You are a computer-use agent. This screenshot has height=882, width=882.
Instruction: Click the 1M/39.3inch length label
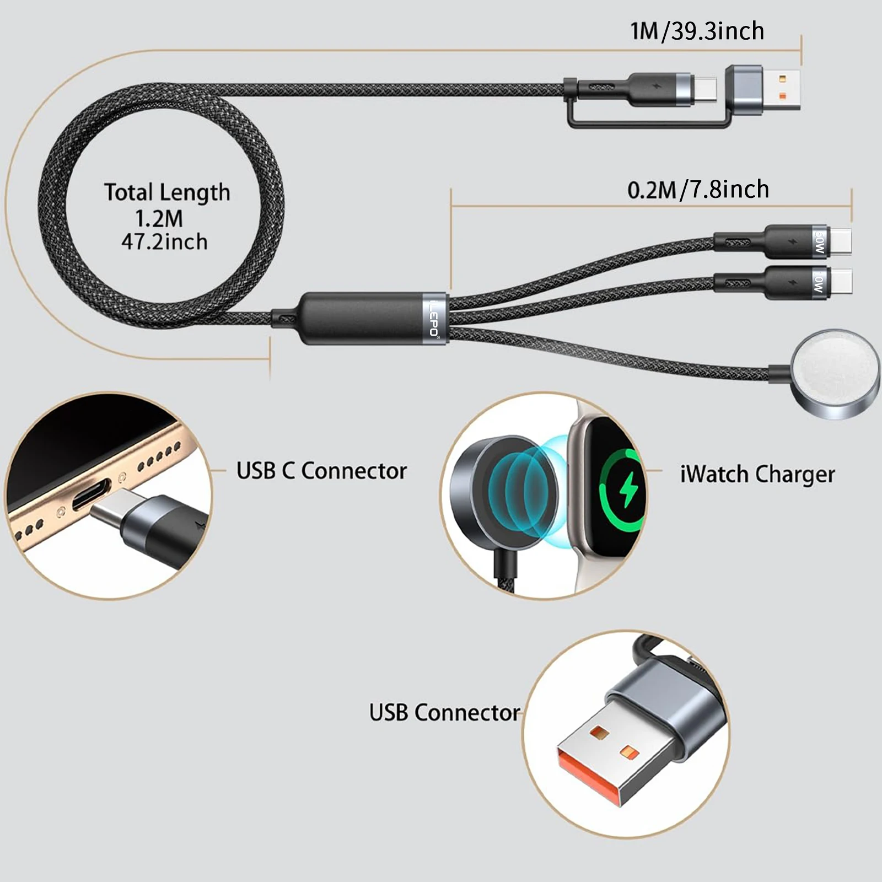click(697, 31)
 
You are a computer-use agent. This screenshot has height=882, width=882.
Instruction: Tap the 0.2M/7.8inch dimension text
click(698, 190)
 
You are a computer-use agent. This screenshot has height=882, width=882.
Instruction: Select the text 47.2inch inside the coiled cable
click(164, 242)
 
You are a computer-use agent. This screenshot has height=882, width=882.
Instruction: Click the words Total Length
click(167, 192)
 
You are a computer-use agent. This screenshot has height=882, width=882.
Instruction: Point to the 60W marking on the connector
click(819, 241)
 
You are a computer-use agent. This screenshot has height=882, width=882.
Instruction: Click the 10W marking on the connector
click(819, 282)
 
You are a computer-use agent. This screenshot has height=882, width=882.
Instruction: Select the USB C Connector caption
click(321, 471)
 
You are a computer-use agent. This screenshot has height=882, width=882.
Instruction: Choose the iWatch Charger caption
click(757, 474)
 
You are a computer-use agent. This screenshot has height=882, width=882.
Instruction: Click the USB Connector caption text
click(444, 712)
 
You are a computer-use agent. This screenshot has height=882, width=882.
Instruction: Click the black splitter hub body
click(364, 319)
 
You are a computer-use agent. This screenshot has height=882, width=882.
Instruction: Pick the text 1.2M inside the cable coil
click(159, 219)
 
